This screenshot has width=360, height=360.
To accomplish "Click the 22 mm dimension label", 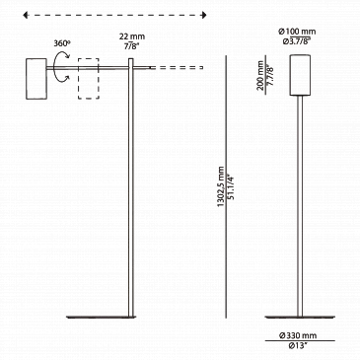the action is (x=132, y=36).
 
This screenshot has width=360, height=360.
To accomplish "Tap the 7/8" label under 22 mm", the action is (x=132, y=46).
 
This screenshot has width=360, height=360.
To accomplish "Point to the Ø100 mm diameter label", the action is (x=297, y=32).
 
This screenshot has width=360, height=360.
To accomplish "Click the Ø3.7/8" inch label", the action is (x=297, y=41).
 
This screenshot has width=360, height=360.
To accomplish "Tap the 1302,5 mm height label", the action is (x=221, y=187).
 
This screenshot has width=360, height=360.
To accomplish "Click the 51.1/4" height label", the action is (x=231, y=187).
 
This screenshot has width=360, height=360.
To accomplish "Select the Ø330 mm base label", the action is (x=298, y=335).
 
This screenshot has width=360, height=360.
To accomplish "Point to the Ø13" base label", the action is (x=298, y=345).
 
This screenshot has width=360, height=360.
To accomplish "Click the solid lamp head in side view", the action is (x=36, y=79).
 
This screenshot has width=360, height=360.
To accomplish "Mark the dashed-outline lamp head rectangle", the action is (x=89, y=79).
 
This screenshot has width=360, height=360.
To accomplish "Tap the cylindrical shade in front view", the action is (x=300, y=75).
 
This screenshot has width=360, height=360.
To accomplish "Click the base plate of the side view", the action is (x=101, y=317).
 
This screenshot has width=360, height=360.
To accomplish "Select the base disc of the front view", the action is (x=301, y=317).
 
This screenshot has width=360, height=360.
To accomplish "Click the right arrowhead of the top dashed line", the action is (x=204, y=15).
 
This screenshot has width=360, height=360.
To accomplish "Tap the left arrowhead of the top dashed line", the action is (x=26, y=15).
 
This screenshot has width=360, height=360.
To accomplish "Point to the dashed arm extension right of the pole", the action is (x=177, y=68).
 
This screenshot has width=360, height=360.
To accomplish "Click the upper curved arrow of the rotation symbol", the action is (x=62, y=54).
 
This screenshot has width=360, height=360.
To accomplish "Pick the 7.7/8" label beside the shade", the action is (x=271, y=75).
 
